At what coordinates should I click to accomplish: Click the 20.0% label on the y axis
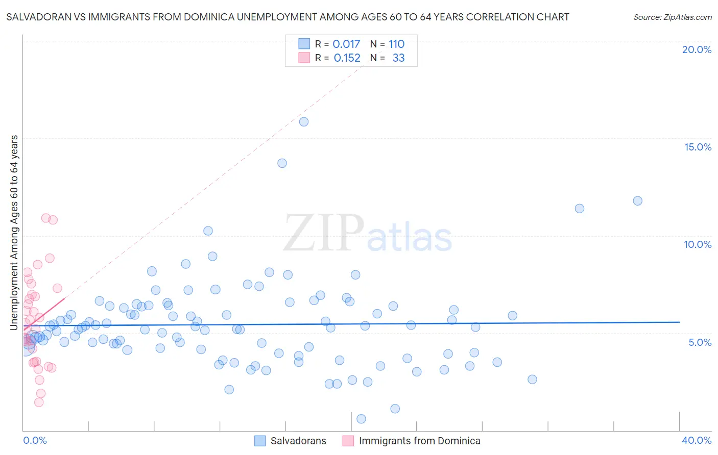tap(697, 49)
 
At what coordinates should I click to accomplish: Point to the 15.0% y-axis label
tap(698, 147)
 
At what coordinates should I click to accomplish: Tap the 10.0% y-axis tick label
tap(698, 244)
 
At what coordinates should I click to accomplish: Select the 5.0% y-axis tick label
tap(700, 342)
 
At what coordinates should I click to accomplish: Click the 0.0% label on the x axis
tap(35, 440)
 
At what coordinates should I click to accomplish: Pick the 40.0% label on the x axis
tap(697, 440)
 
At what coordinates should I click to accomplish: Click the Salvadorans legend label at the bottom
tap(298, 441)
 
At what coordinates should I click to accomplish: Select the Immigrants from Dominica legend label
tap(419, 441)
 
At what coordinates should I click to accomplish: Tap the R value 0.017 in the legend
tap(346, 44)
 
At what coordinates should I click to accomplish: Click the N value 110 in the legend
tap(396, 44)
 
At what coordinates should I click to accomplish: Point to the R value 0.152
tap(347, 58)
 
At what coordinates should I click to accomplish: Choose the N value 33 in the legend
tap(398, 58)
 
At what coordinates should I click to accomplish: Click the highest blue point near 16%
tap(304, 121)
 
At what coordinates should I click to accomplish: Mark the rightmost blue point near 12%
tap(637, 201)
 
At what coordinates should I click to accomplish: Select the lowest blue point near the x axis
tap(361, 419)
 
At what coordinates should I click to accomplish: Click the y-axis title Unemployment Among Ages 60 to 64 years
tap(14, 232)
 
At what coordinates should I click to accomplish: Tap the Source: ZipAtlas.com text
tap(672, 17)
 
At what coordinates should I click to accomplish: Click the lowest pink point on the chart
tap(39, 402)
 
